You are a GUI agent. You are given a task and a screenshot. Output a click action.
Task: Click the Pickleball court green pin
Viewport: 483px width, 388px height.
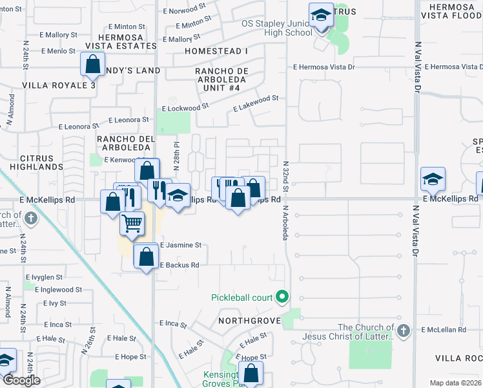tap(282, 297)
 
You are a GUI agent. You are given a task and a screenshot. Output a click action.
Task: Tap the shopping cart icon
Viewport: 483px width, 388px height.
tap(132, 224)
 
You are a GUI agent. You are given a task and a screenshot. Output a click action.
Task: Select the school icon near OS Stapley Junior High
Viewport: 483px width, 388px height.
tap(320, 14)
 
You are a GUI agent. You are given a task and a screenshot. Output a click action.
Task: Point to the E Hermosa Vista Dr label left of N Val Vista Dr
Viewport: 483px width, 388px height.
tap(324, 67)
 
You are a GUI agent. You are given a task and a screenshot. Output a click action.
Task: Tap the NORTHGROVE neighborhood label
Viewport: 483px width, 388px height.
tap(249, 321)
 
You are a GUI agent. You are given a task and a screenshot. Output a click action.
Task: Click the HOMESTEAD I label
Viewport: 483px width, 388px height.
tap(216, 50)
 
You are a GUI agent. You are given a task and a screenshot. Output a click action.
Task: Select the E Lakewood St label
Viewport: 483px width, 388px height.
tap(255, 99)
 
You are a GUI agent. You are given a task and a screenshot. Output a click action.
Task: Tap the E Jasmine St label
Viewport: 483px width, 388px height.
tap(181, 245)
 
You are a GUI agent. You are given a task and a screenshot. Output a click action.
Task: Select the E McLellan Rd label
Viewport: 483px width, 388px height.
tap(444, 330)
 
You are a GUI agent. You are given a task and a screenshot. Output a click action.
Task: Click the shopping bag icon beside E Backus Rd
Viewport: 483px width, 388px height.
tap(147, 256)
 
